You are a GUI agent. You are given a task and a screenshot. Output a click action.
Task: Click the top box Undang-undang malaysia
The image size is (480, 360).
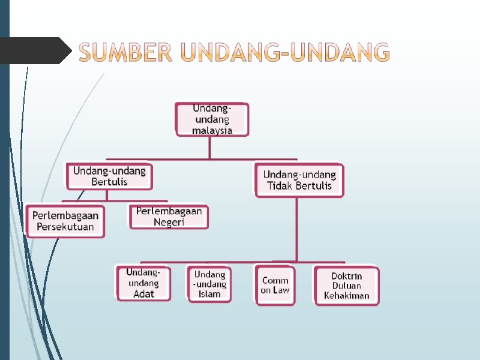pyautogui.click(x=212, y=119)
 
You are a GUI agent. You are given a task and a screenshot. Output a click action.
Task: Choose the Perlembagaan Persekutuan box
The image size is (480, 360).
pyautogui.click(x=65, y=221)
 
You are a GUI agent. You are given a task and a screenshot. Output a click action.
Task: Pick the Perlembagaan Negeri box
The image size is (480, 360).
pyautogui.click(x=169, y=217)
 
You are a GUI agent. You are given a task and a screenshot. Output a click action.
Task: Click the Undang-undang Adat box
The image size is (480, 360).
pyautogui.click(x=143, y=283)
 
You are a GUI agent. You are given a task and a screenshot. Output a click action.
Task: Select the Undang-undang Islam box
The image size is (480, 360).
pyautogui.click(x=209, y=284)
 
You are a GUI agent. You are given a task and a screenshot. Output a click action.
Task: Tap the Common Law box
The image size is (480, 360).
pyautogui.click(x=275, y=285)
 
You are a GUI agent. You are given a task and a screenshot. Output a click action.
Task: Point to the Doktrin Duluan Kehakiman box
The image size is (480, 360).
pyautogui.click(x=347, y=286)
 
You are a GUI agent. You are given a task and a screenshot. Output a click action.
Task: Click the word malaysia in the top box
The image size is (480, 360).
pyautogui.click(x=212, y=130)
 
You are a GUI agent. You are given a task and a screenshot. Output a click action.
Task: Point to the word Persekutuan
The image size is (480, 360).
pyautogui.click(x=65, y=227)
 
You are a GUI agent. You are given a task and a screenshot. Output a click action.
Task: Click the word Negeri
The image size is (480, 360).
pyautogui.click(x=169, y=222)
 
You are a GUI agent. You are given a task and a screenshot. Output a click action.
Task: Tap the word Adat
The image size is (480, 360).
pyautogui.click(x=143, y=293)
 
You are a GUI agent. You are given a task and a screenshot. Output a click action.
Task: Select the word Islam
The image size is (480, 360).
pyautogui.click(x=209, y=294)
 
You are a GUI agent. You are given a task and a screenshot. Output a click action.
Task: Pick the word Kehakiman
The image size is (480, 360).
pyautogui.click(x=347, y=295)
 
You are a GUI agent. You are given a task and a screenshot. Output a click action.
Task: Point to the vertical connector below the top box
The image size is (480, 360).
pyautogui.click(x=209, y=148)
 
